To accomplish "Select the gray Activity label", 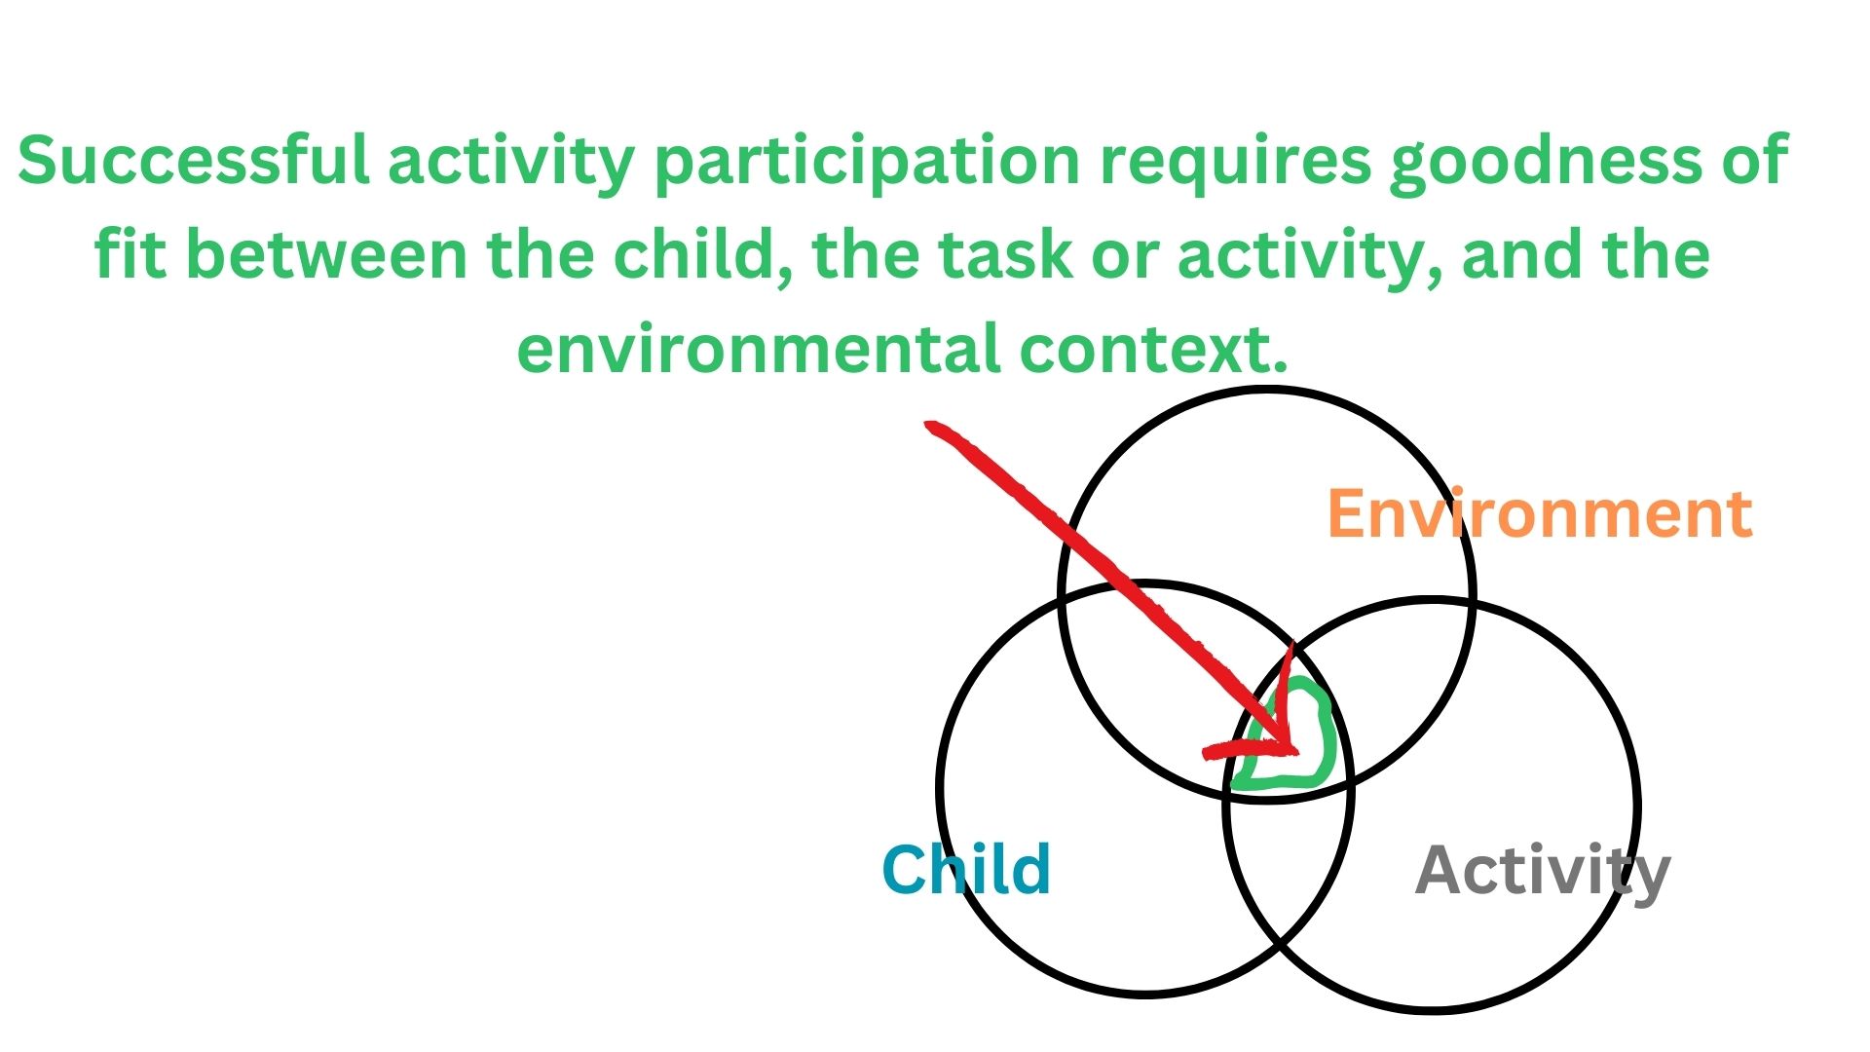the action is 1543,872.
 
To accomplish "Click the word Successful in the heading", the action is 194,160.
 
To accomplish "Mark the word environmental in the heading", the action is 758,349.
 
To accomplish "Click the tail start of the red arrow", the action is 931,427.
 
